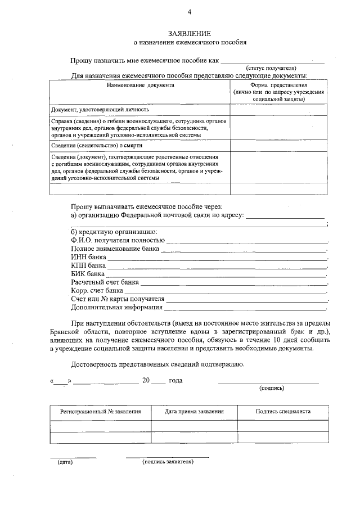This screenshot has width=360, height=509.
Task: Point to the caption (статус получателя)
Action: [274, 67]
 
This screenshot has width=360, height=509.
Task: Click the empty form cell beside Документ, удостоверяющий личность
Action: [279, 110]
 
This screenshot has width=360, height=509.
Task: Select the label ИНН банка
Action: [88, 256]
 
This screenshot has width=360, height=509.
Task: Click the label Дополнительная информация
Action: [117, 307]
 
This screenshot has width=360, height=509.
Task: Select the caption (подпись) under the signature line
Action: [272, 388]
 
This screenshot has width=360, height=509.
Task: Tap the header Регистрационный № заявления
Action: [101, 411]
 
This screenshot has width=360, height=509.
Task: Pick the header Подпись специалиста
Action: [283, 411]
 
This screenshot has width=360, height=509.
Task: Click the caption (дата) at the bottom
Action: [65, 462]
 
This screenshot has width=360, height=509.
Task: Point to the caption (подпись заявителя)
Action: [168, 462]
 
